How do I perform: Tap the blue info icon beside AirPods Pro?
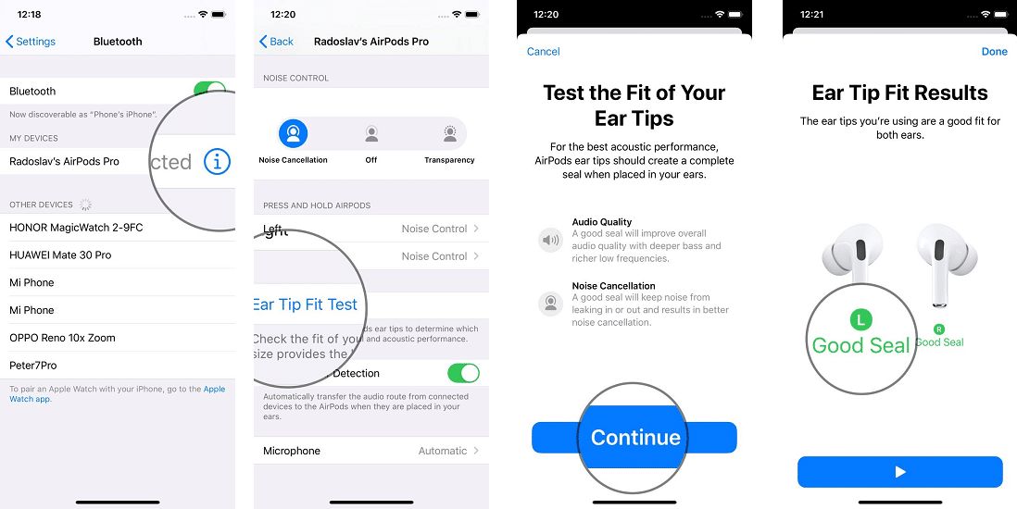click(216, 162)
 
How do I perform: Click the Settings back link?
click(31, 42)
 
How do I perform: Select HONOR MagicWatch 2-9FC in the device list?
click(76, 228)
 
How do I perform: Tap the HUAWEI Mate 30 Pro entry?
click(60, 255)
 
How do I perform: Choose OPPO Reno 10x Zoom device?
click(62, 338)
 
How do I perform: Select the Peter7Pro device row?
click(33, 366)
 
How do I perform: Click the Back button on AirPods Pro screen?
click(276, 42)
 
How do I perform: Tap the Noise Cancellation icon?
click(293, 134)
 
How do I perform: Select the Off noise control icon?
click(371, 134)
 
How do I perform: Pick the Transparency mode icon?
click(449, 134)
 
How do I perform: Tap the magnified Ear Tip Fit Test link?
click(305, 304)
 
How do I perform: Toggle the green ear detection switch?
click(463, 373)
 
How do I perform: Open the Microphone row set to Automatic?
click(370, 451)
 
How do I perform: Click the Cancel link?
click(543, 52)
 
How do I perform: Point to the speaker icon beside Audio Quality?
click(550, 241)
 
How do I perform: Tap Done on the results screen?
click(994, 52)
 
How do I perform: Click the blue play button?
click(899, 472)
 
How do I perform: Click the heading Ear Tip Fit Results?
click(899, 93)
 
